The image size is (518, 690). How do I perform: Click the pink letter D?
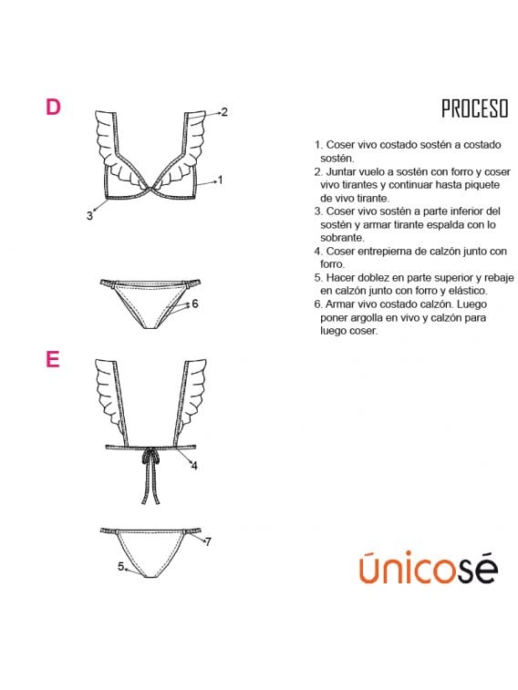[53, 107]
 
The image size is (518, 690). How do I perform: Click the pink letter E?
[52, 359]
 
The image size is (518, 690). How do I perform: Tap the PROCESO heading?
[475, 108]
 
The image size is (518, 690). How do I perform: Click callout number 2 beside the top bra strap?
[224, 112]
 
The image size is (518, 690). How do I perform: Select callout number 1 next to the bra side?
[221, 180]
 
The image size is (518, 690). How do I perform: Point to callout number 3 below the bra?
[89, 216]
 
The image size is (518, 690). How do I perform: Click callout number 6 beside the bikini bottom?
[195, 304]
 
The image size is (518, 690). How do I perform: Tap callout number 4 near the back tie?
[194, 466]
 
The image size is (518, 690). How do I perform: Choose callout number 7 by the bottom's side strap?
[208, 541]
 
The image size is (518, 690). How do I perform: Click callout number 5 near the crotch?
[120, 566]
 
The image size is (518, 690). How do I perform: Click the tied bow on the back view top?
[150, 458]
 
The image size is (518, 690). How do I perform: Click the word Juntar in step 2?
[341, 171]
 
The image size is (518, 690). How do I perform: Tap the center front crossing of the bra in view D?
[151, 189]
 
